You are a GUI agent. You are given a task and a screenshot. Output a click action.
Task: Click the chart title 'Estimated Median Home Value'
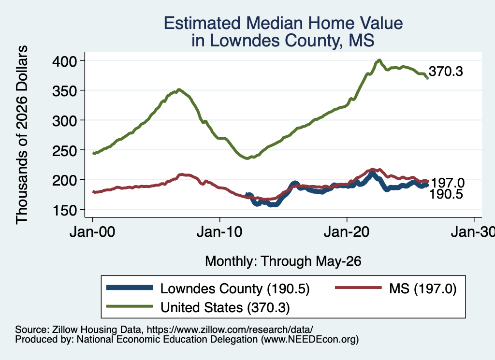tap(283, 23)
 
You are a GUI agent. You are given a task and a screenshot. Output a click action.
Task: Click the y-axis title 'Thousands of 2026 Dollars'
tap(22, 135)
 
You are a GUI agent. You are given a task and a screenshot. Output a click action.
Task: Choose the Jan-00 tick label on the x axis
tap(92, 232)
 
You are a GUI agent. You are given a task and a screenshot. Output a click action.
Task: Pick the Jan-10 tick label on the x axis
tap(219, 232)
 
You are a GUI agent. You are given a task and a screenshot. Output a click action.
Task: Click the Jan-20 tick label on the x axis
tap(347, 232)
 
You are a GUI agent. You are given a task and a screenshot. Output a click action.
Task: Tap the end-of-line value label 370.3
tap(446, 72)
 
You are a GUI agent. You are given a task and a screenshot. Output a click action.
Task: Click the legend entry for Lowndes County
tap(208, 288)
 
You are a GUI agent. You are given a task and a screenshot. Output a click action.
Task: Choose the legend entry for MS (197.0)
tap(396, 288)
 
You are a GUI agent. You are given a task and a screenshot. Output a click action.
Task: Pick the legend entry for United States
tap(198, 307)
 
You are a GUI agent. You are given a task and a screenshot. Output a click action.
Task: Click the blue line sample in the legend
tap(130, 288)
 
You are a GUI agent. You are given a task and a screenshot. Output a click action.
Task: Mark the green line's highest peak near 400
tap(379, 60)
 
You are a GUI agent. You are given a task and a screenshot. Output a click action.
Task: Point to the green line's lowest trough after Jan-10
tap(247, 158)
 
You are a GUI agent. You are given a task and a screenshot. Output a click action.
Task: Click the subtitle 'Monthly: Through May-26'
tap(283, 261)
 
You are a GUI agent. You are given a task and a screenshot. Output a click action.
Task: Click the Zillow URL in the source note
tap(230, 330)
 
